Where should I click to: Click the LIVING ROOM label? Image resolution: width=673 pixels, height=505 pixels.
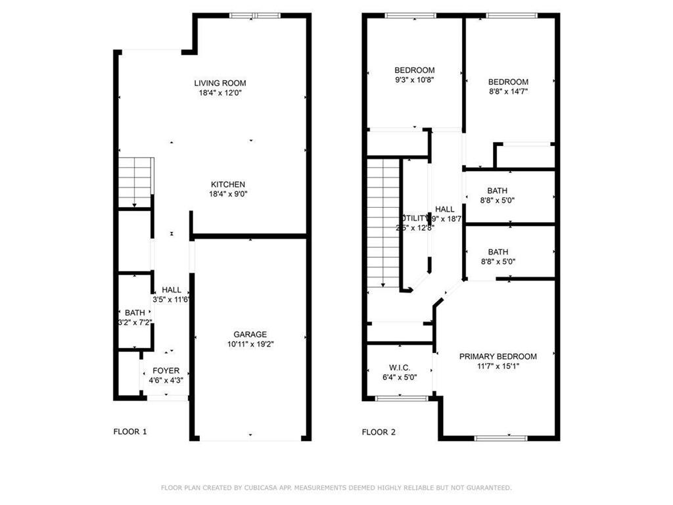pyautogui.click(x=220, y=83)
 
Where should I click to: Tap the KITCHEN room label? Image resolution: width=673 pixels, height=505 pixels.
pyautogui.click(x=227, y=184)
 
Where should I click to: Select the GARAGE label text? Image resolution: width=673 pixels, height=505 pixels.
pyautogui.click(x=250, y=334)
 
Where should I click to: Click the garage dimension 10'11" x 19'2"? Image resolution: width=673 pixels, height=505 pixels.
pyautogui.click(x=250, y=344)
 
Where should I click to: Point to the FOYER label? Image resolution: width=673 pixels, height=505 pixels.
pyautogui.click(x=166, y=371)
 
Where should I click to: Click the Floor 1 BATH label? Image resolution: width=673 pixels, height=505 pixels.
pyautogui.click(x=134, y=312)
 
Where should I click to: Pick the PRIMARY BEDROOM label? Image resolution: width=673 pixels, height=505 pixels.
pyautogui.click(x=498, y=356)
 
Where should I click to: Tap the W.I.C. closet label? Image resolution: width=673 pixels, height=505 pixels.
pyautogui.click(x=400, y=368)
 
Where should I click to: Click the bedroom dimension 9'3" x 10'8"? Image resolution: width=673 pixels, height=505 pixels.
pyautogui.click(x=414, y=80)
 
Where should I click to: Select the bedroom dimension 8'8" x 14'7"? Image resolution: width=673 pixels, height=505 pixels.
pyautogui.click(x=508, y=91)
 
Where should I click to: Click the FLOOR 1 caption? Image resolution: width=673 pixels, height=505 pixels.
pyautogui.click(x=130, y=432)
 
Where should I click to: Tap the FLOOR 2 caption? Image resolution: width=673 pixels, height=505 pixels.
pyautogui.click(x=379, y=432)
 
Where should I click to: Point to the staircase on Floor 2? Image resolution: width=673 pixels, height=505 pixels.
pyautogui.click(x=383, y=224)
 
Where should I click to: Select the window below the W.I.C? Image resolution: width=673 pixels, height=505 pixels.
pyautogui.click(x=400, y=398)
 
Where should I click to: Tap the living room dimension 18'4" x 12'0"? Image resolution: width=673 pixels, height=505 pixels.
pyautogui.click(x=220, y=93)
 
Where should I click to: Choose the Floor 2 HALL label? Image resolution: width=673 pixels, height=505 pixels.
pyautogui.click(x=444, y=209)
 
